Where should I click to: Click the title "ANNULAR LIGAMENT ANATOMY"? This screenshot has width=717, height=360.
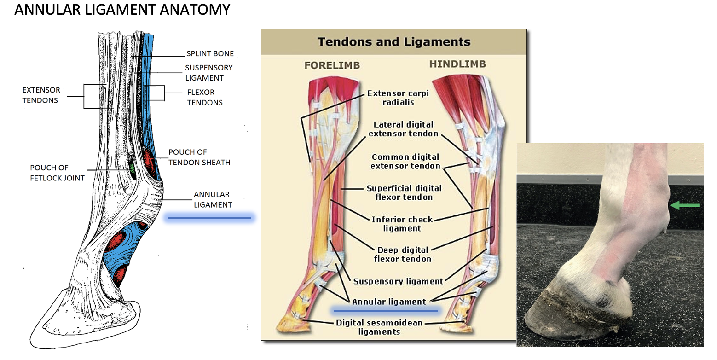click(x=122, y=10)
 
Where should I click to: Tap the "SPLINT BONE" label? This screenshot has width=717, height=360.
click(x=210, y=53)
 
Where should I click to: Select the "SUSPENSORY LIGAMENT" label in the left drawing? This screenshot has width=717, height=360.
click(x=208, y=73)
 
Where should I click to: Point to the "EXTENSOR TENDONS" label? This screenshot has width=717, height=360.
click(x=41, y=95)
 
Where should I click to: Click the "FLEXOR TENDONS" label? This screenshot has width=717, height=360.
click(x=205, y=98)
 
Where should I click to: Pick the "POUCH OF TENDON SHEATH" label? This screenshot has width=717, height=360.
click(x=199, y=157)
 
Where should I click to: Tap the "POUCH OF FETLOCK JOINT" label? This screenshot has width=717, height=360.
click(x=58, y=173)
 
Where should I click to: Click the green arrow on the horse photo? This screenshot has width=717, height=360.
click(x=685, y=205)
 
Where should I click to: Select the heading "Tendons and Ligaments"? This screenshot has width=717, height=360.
click(x=394, y=41)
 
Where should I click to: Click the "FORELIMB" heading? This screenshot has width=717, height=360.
click(x=332, y=65)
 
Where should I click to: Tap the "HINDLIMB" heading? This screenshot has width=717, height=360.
click(x=457, y=64)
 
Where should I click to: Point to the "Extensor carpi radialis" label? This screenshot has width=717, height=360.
click(x=398, y=98)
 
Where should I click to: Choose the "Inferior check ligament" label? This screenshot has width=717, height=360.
click(x=402, y=224)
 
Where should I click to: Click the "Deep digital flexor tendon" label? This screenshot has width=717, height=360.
click(x=403, y=254)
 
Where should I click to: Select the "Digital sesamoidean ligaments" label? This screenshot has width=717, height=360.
click(x=379, y=327)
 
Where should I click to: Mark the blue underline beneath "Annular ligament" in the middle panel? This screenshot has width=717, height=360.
click(x=386, y=310)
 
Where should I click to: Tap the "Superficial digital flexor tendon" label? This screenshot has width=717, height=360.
click(x=404, y=192)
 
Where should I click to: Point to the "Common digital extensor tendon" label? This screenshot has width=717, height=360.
click(x=405, y=162)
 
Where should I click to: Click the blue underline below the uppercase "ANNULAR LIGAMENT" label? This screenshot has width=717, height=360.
click(x=209, y=218)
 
